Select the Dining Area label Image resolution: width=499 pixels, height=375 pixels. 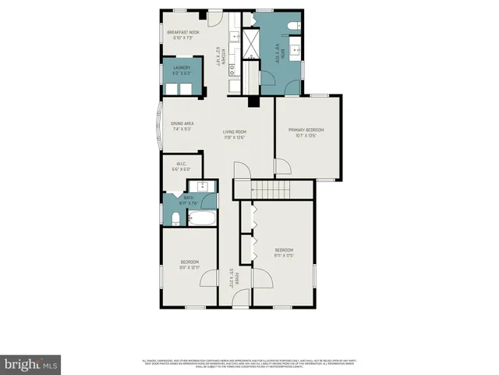[x=182, y=127]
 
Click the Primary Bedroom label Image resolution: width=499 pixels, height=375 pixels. [x=306, y=133]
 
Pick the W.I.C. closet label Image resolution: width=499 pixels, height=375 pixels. [x=180, y=167]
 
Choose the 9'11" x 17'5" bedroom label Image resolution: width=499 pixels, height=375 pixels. [x=283, y=254]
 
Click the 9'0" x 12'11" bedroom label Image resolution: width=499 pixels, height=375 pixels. [x=189, y=265]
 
